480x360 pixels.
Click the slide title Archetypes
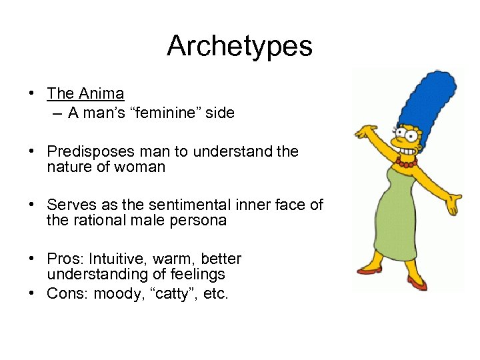point(239,46)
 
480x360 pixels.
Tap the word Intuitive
point(114,259)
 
